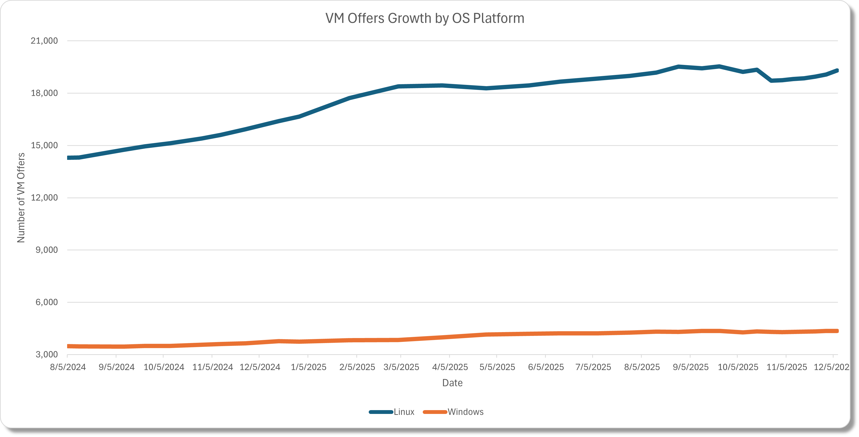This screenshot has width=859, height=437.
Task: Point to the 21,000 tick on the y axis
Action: pos(44,41)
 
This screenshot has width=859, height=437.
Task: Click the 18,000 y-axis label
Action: pos(44,93)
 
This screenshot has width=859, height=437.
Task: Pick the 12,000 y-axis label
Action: pos(44,198)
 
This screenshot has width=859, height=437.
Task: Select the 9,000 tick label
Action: pos(47,250)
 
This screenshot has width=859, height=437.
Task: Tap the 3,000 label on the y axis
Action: pos(47,354)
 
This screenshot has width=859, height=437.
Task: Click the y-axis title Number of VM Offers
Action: pos(21,198)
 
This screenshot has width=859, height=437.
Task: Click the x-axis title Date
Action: pos(452,383)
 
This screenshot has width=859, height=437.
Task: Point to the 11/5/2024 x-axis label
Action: pos(212,367)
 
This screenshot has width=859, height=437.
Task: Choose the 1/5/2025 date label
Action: pos(308,367)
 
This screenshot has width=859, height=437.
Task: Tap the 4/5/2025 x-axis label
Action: pos(450,367)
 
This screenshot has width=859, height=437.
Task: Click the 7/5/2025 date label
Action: pos(593,367)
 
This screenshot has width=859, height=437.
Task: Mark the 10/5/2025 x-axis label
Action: pos(738,367)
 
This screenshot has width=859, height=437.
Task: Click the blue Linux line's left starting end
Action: pos(68,158)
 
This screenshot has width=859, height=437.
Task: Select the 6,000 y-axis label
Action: pos(47,302)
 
